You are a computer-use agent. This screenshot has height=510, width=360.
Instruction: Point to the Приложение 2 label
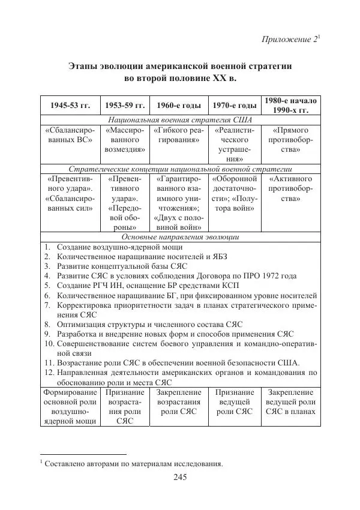[x=292, y=40]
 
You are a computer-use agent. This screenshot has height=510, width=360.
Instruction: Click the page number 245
[x=181, y=477]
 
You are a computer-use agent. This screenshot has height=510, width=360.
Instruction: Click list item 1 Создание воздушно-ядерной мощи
[x=119, y=247]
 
